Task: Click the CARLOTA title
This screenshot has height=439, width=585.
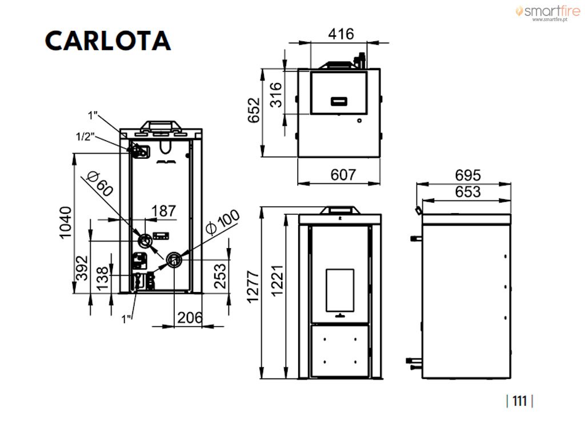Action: (x=108, y=41)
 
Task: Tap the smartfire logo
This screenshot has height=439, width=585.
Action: (x=548, y=12)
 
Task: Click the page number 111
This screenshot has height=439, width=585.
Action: (x=519, y=401)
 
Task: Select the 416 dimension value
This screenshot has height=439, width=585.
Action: (x=341, y=34)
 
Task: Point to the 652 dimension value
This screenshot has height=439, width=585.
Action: (x=254, y=110)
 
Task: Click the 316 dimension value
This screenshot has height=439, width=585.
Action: (x=276, y=95)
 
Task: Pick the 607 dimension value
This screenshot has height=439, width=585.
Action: (x=343, y=175)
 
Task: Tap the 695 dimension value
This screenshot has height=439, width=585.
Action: (x=468, y=175)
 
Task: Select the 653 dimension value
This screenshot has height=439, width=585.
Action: (x=468, y=192)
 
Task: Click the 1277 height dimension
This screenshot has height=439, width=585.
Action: (x=253, y=287)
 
